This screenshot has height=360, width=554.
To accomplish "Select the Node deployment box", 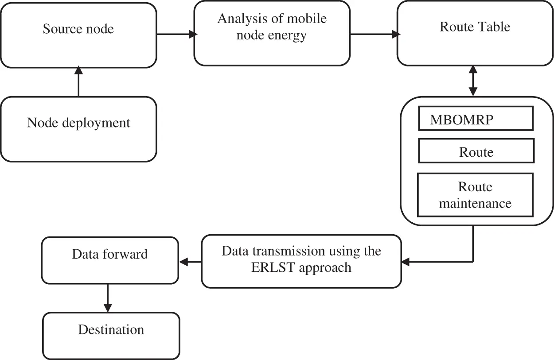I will [78, 129].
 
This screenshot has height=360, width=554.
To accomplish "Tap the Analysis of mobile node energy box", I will [272, 33].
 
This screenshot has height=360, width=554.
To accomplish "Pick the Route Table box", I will [475, 33].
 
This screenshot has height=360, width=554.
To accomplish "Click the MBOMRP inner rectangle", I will [476, 118].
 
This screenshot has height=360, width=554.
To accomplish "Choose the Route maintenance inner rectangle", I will [475, 195].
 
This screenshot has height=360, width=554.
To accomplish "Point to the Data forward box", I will [110, 260].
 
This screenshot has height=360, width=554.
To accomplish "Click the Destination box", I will [111, 336].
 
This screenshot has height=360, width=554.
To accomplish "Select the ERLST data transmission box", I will [301, 261].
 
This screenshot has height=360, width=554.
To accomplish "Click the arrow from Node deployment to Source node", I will [78, 82].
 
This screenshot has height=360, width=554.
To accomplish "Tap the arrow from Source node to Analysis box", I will [176, 34].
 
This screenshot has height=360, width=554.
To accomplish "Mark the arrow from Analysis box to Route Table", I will [373, 34].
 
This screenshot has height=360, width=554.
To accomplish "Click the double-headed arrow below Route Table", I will [473, 81].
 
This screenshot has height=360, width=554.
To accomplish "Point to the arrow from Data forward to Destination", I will [107, 298].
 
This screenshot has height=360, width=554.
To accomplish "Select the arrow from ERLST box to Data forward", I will [190, 262].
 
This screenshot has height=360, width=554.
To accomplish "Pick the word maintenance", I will [475, 203].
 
